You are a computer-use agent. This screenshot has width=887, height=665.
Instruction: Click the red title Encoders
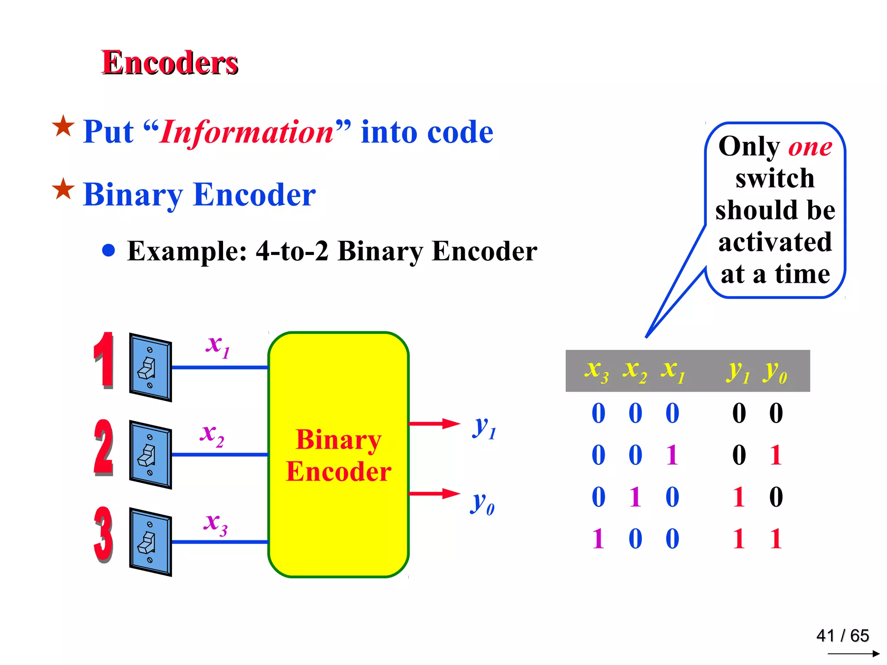pos(170,63)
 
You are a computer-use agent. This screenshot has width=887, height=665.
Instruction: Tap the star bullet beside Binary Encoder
pos(63,189)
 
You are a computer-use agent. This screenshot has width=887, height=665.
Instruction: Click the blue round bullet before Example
pos(109,250)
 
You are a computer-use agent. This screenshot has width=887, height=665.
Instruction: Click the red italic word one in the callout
pos(810,147)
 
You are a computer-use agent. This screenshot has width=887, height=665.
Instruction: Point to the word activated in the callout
pos(775,242)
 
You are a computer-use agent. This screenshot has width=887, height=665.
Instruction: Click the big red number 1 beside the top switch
pos(104,360)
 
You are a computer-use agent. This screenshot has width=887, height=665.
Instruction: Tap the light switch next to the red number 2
pos(150,455)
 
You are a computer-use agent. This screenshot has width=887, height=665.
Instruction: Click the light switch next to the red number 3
pos(150,542)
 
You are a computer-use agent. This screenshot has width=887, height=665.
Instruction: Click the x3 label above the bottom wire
pos(215,523)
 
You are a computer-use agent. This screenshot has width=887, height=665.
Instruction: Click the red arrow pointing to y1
pos(434,423)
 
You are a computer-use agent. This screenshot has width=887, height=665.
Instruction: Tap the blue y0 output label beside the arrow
pos(482,503)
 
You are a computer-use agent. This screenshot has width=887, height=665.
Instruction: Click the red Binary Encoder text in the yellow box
pos(338,455)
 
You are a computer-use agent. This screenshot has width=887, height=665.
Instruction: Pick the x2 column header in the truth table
pos(634,371)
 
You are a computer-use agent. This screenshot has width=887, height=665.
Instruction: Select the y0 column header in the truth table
pos(775,371)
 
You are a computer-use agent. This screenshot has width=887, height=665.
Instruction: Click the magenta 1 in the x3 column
pos(598,539)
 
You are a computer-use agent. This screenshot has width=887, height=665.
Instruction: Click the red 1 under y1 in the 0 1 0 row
pos(739,497)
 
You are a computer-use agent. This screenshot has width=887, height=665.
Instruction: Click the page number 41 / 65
pos(842,636)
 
